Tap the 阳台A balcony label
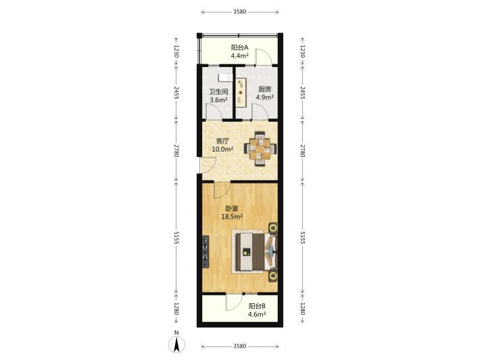coord(239,47)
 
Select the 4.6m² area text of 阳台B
coord(257,314)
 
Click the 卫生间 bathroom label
coord(218,91)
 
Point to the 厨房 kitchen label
coord(265,89)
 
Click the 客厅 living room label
coord(222,141)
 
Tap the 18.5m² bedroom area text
coord(232,217)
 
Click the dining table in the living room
coord(260,149)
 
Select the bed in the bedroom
coord(255,252)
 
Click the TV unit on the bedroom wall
coord(206,252)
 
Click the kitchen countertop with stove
coord(241,93)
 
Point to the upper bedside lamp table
coord(272,228)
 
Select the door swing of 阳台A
coord(264,57)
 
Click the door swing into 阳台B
coord(234,302)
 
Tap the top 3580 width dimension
coord(240,12)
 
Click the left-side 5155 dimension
coord(176,238)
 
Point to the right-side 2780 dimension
coord(302,150)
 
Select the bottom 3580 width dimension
coord(240,346)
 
